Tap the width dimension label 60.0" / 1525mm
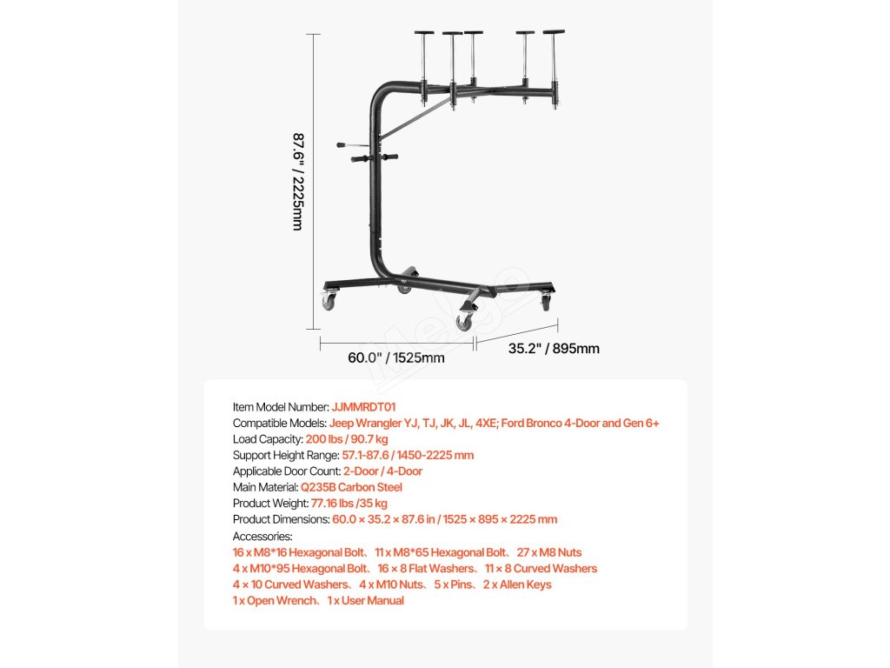pyautogui.click(x=395, y=357)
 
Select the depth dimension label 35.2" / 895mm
pyautogui.click(x=554, y=349)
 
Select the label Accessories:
pyautogui.click(x=262, y=536)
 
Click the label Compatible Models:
pyautogui.click(x=279, y=423)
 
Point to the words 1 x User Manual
pyautogui.click(x=365, y=600)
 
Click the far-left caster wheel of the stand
pyautogui.click(x=329, y=301)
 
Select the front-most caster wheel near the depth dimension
pyautogui.click(x=465, y=322)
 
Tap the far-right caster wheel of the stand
pyautogui.click(x=546, y=302)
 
